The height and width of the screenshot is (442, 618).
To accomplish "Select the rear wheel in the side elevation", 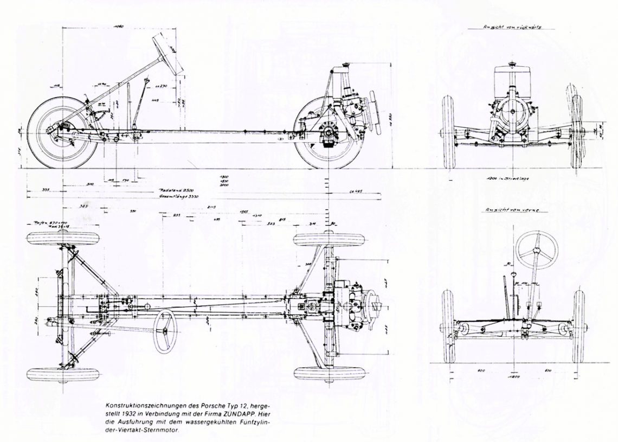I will [325, 133].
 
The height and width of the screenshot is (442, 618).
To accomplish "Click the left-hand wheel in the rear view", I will [448, 132].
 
